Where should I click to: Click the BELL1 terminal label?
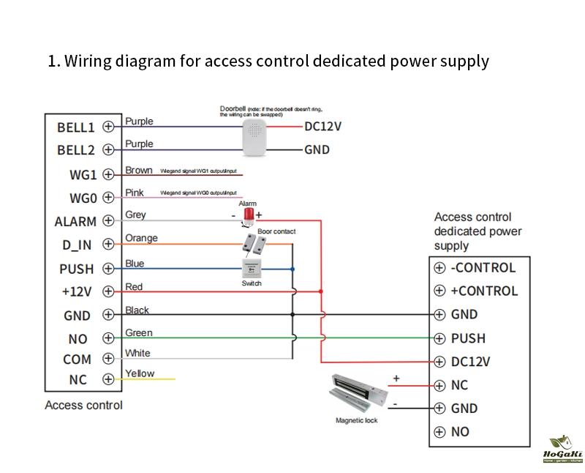pos(76,127)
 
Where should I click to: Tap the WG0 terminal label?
pos(83,198)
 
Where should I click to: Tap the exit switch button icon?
pos(251,268)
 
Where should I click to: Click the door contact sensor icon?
pos(254,241)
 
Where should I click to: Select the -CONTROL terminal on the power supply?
pos(483,268)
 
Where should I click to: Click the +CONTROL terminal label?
pos(483,291)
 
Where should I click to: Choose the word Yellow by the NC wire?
pos(140,373)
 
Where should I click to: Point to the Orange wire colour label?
pos(141,238)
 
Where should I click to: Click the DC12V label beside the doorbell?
pos(322,126)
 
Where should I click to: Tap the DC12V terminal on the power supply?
pos(470,362)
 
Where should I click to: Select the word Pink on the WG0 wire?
pos(135,193)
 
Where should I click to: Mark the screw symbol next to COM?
pos(108,359)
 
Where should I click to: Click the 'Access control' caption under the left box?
pos(83,405)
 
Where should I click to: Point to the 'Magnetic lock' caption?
pos(357,421)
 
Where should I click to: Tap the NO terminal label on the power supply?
pos(460,432)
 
